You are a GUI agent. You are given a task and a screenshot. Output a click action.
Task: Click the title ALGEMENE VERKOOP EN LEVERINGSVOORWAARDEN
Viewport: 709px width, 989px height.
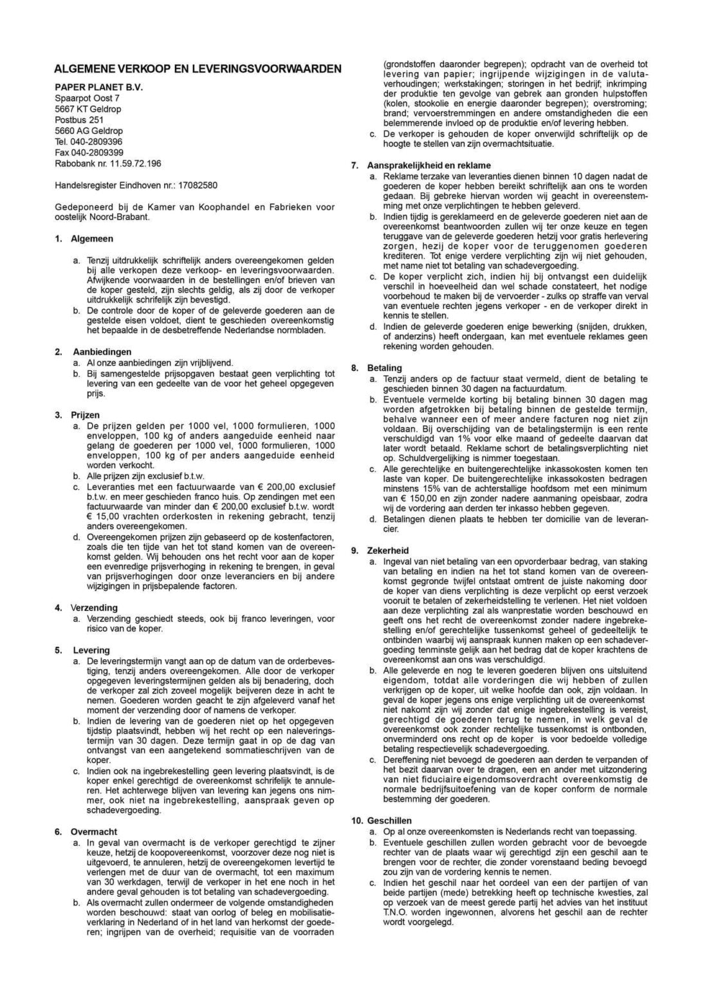(x=198, y=68)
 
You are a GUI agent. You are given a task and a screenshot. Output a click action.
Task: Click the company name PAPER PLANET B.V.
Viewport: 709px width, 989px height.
(x=98, y=87)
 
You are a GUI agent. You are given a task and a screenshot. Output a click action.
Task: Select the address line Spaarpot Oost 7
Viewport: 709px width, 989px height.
(x=87, y=98)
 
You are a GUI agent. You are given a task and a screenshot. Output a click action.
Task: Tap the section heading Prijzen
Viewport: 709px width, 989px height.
(x=85, y=415)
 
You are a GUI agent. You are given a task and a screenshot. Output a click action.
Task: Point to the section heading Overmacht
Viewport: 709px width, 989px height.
(x=94, y=832)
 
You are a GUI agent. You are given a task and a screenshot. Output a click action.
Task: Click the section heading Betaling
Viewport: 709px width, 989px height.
(x=384, y=368)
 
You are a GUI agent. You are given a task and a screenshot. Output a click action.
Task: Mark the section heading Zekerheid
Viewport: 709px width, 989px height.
(x=388, y=551)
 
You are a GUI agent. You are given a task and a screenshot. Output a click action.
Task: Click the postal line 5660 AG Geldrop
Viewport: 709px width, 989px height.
(x=88, y=131)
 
